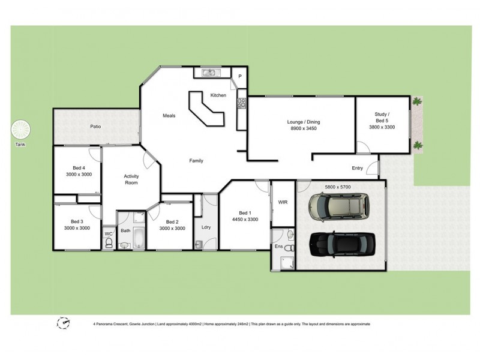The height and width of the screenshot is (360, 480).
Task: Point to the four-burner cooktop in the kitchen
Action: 242,103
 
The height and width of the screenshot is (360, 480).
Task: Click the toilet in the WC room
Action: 109,242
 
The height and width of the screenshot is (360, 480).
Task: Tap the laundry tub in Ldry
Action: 199,244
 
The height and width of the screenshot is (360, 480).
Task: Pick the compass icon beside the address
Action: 63,323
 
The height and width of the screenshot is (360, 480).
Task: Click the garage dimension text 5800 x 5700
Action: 337,187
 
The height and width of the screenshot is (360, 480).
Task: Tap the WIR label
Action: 283,203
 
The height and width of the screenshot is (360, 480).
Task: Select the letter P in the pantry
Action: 239,76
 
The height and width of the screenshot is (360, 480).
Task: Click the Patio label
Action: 95,127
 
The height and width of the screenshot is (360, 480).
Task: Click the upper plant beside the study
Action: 416,102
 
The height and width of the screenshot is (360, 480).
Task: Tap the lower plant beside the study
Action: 416,144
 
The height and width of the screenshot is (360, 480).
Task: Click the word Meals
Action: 169,116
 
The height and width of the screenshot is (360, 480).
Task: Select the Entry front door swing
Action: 373,169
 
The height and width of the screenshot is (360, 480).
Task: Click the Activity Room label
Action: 131,179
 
